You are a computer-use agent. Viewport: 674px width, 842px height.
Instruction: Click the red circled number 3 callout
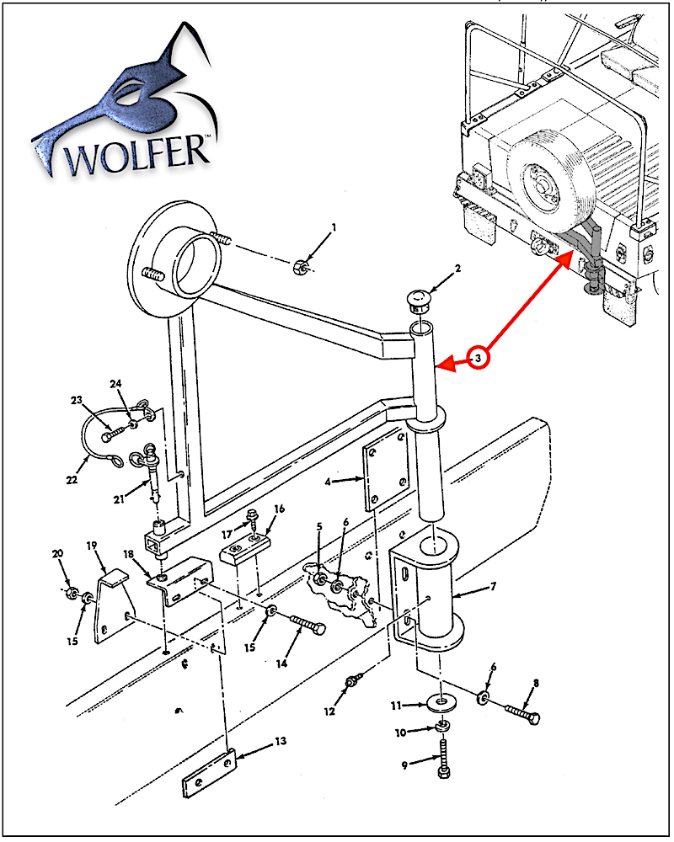(478, 359)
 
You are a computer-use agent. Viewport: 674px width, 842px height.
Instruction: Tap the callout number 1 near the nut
(334, 227)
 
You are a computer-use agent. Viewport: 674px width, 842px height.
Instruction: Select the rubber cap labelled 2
(418, 297)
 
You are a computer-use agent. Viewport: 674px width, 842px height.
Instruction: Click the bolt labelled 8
(522, 714)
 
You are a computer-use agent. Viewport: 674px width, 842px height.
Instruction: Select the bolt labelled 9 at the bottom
(442, 758)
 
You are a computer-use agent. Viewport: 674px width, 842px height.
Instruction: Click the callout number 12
(329, 711)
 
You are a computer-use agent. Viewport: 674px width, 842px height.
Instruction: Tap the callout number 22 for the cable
(72, 481)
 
